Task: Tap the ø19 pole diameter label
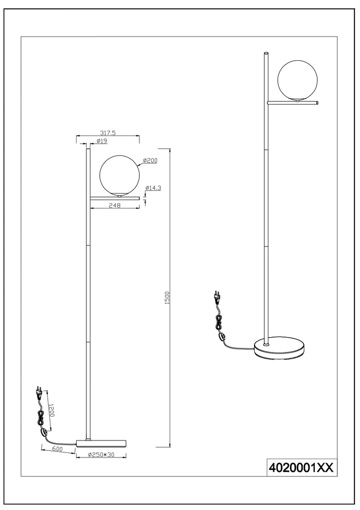(102, 141)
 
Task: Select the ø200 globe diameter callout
(150, 161)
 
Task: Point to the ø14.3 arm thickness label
(154, 188)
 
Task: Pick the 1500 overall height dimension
(167, 298)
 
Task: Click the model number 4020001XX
(301, 467)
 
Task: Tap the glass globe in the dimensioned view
(119, 175)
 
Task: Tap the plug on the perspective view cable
(217, 297)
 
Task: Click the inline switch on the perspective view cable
(222, 337)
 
